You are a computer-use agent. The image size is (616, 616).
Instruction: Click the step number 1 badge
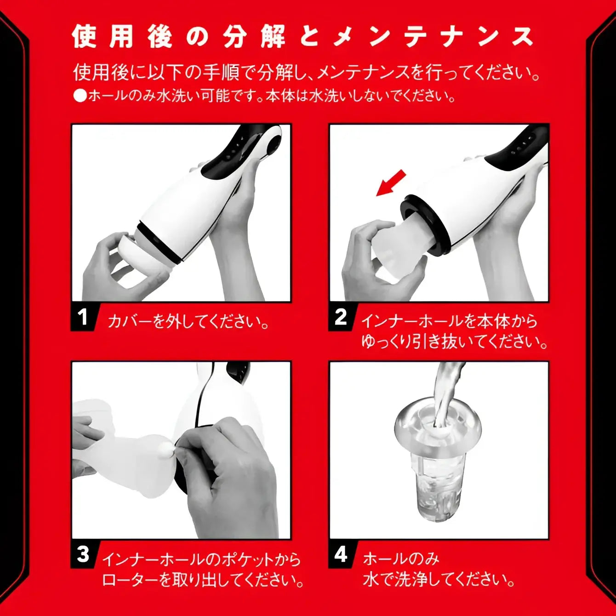83,317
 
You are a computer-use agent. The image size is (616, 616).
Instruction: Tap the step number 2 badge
341,317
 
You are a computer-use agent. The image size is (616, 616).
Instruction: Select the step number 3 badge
83,554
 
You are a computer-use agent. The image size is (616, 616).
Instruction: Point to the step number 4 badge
341,554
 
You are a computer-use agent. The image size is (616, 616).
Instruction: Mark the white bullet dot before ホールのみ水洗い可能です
80,96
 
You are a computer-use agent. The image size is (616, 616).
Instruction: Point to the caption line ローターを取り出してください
202,580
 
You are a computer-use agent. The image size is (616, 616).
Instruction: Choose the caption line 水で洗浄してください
439,579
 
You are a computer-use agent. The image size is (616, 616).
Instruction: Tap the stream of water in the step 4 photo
446,391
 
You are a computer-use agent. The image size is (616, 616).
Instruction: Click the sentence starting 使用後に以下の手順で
306,72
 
